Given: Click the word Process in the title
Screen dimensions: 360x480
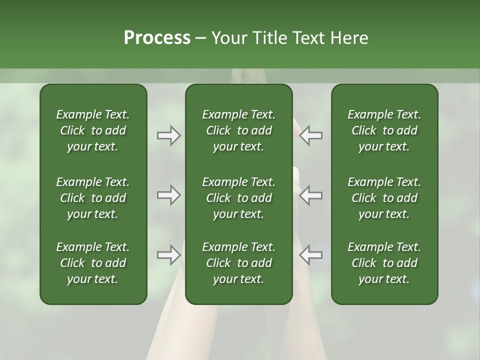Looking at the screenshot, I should point(157,38).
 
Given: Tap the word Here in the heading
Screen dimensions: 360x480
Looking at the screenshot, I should point(349,38).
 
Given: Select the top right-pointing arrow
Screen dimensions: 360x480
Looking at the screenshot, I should point(168,135).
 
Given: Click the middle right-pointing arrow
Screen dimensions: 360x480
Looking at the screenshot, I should point(168,195).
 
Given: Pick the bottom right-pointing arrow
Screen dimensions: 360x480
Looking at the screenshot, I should point(168,255).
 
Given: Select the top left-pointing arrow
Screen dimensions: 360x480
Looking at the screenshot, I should point(311,135).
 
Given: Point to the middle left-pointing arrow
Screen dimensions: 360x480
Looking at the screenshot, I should point(311,195).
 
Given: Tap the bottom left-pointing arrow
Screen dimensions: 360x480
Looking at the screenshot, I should point(311,255).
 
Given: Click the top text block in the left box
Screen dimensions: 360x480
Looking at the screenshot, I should point(93,130).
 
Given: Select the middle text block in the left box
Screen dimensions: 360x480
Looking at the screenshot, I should point(93,198).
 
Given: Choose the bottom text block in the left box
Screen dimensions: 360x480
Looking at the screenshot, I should point(93,263).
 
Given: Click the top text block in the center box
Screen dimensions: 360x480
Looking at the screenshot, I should point(238,130).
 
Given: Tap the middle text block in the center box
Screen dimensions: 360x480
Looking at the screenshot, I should point(238,198).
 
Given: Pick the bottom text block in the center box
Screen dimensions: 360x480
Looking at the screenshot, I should point(238,263).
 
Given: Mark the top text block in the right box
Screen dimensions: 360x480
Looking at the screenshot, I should point(384,130).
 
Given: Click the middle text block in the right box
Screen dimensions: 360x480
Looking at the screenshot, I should point(384,198).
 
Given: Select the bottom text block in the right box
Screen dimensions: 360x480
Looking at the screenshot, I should point(384,263).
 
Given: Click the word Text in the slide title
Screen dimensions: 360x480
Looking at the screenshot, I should point(307,38).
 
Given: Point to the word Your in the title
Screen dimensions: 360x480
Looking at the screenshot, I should point(228,38).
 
